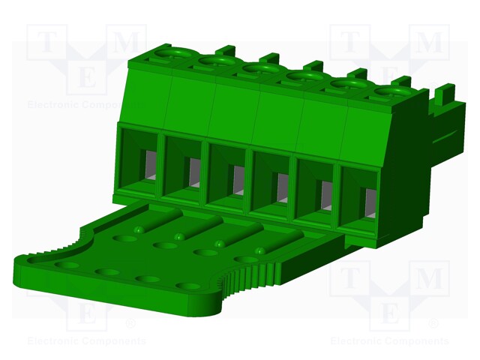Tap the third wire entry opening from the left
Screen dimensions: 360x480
228,177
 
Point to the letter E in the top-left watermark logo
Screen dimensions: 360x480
87,78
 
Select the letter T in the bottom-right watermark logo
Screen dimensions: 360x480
349,280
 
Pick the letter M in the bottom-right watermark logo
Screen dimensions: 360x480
430,280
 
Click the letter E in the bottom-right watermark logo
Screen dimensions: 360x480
389,314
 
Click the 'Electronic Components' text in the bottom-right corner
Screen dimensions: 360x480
389,341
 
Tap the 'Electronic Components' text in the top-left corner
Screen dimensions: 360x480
75,105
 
